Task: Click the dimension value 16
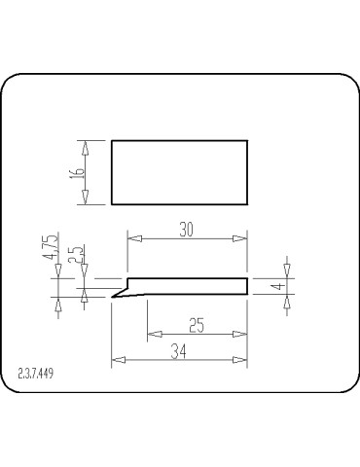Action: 77,172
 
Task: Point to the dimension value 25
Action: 197,326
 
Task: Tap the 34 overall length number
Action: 179,351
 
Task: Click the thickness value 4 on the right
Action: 276,287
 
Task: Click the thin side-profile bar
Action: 190,286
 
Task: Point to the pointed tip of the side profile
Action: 112,297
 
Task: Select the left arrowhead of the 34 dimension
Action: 117,361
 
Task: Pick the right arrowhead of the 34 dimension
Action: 242,361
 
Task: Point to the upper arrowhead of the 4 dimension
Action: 287,268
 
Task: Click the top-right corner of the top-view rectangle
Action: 247,140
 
